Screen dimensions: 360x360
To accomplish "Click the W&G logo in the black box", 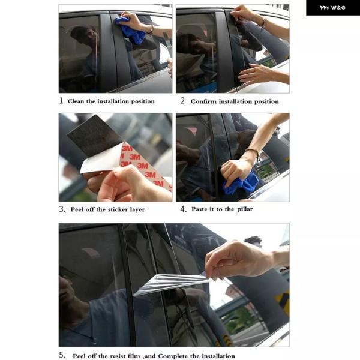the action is pyautogui.click(x=332, y=8).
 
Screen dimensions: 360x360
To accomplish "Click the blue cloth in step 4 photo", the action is pyautogui.click(x=241, y=182).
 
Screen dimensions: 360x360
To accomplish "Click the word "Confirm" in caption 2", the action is pyautogui.click(x=203, y=101).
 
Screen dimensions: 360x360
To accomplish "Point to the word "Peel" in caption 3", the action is pyautogui.click(x=77, y=209).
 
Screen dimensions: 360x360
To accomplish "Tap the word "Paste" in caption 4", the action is pyautogui.click(x=199, y=209).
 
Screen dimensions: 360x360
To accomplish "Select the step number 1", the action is pyautogui.click(x=61, y=101).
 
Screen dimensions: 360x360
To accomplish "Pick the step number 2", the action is pyautogui.click(x=182, y=101).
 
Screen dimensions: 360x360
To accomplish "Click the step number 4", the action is pyautogui.click(x=183, y=209).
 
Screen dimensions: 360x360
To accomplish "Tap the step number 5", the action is pyautogui.click(x=62, y=355).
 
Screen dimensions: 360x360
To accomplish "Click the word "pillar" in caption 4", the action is pyautogui.click(x=245, y=209).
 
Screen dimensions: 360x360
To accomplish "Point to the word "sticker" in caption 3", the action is pyautogui.click(x=118, y=209).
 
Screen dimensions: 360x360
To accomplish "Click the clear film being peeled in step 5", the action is pyautogui.click(x=172, y=284).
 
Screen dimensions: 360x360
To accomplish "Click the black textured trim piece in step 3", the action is pyautogui.click(x=95, y=136).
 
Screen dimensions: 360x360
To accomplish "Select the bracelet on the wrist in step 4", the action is pyautogui.click(x=253, y=154).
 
